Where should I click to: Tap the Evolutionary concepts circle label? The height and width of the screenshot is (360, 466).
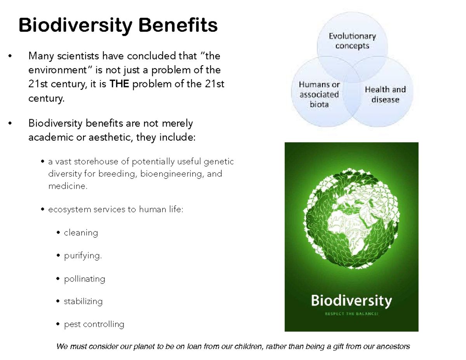click(x=352, y=41)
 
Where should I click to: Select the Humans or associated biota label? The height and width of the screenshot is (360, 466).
click(x=319, y=94)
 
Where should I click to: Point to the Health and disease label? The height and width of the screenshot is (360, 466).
click(x=385, y=94)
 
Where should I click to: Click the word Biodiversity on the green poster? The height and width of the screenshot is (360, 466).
click(x=351, y=300)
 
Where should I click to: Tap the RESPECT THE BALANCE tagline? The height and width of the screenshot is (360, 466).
click(x=351, y=315)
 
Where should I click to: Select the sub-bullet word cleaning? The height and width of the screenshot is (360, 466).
click(x=81, y=233)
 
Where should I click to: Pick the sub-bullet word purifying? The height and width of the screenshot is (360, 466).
click(x=83, y=256)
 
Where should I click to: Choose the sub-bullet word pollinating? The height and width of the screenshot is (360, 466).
click(x=84, y=279)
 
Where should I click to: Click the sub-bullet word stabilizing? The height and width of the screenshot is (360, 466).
click(x=83, y=301)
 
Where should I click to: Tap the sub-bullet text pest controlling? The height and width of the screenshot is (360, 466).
click(x=94, y=324)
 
